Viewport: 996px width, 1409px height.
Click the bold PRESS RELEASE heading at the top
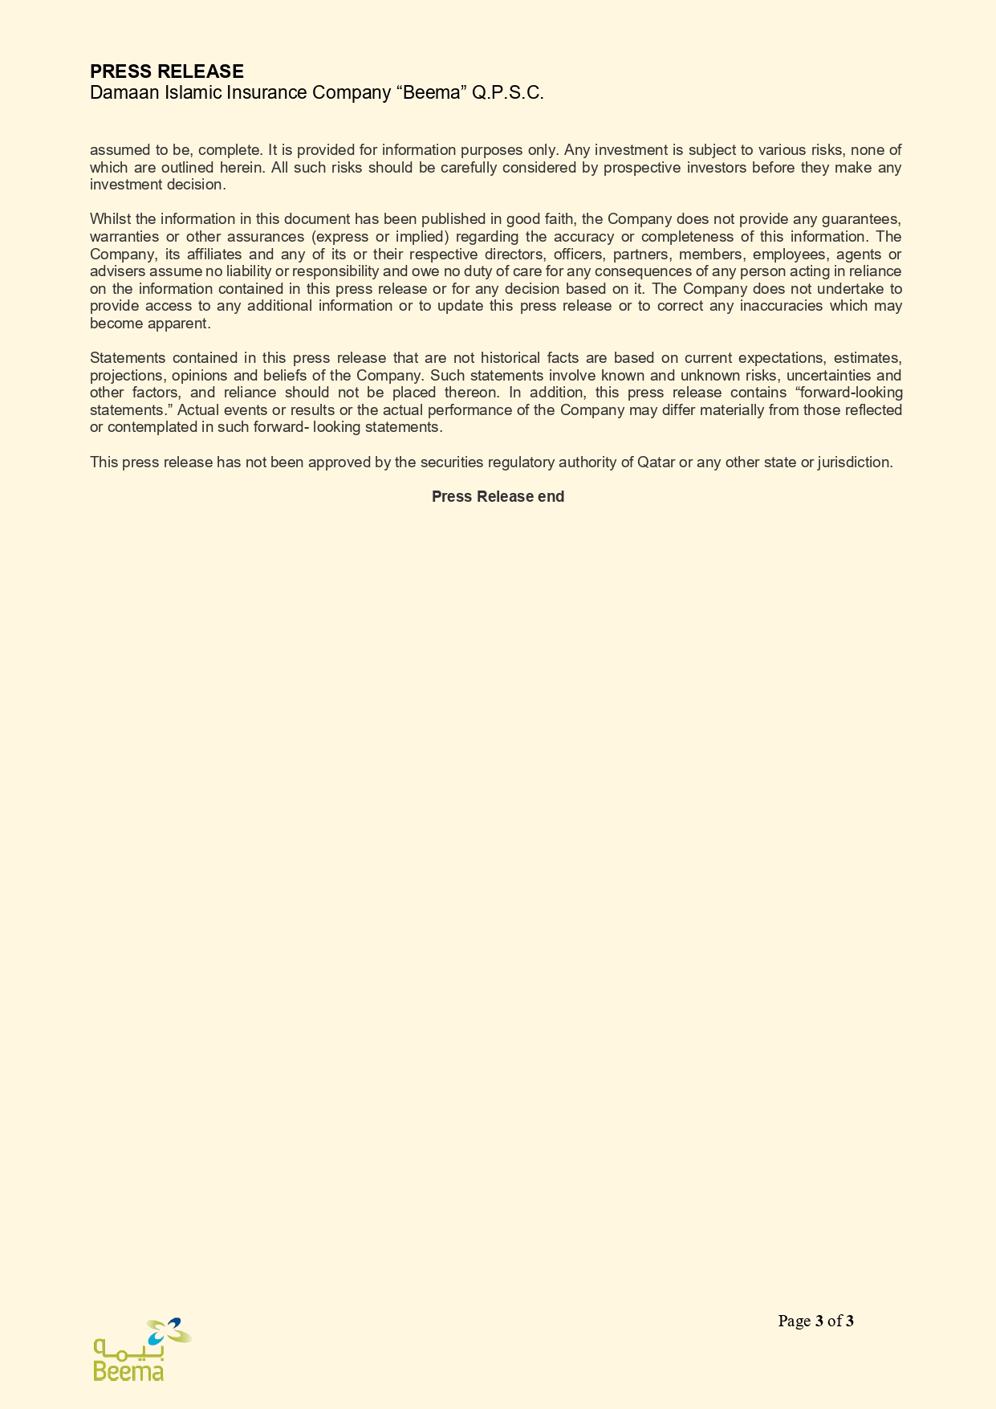[x=166, y=72]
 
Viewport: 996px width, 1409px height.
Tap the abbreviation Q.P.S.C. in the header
[x=508, y=93]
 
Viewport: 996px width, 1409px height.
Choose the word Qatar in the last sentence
[x=656, y=462]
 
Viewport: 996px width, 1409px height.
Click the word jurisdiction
[x=855, y=462]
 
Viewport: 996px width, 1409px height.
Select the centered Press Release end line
[x=498, y=497]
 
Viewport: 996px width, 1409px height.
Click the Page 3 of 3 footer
[x=815, y=1321]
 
